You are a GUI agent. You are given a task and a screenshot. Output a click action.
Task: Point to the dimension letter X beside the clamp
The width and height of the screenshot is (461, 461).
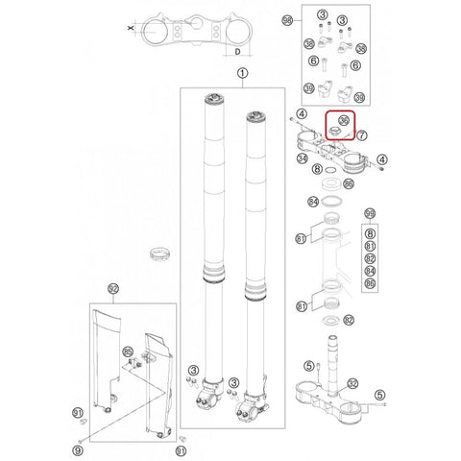tap(130, 30)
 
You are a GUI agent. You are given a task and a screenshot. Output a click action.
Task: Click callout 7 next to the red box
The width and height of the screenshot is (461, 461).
tap(362, 137)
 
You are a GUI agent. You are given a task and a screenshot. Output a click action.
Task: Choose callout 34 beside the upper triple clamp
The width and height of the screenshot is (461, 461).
tap(303, 158)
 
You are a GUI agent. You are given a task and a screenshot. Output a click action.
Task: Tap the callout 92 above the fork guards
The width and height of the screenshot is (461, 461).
tap(112, 288)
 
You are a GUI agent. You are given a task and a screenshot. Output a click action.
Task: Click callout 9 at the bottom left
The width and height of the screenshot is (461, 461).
tap(78, 449)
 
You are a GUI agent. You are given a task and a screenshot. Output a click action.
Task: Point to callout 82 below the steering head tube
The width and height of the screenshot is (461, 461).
tap(350, 320)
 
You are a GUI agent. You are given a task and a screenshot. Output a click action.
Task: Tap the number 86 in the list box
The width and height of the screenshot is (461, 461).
tap(372, 286)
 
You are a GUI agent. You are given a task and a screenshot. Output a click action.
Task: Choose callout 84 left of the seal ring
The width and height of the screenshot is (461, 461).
tap(312, 201)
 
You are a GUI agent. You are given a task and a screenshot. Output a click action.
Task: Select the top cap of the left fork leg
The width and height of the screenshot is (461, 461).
tap(212, 99)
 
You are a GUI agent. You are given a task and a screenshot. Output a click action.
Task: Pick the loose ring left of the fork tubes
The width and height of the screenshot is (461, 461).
tap(156, 255)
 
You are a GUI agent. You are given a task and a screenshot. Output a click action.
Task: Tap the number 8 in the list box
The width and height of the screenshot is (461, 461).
tap(372, 232)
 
